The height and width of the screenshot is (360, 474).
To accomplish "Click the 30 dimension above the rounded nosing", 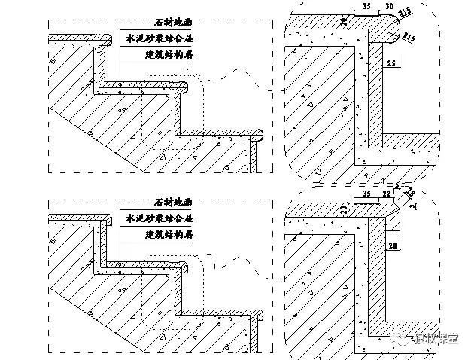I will (389, 6).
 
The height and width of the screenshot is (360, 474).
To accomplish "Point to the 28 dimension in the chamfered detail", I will (392, 246).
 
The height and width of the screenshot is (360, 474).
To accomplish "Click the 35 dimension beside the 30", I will (367, 6).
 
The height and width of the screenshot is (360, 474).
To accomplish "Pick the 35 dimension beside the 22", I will (367, 194).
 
